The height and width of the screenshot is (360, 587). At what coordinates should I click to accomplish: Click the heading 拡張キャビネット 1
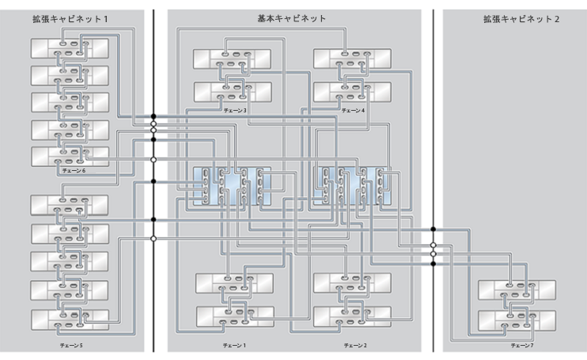point(70,19)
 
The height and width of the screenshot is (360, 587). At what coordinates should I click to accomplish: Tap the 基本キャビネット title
point(292,19)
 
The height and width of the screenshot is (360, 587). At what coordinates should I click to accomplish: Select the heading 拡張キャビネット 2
point(521,19)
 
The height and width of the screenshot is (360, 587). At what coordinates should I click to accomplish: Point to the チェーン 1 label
point(234,346)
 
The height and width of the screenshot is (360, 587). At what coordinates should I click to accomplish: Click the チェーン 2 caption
point(355,346)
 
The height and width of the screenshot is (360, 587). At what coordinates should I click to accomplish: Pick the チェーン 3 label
point(235,111)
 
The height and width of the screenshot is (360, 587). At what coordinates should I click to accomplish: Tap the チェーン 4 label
point(353,111)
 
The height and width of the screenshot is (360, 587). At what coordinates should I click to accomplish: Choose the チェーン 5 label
point(71,346)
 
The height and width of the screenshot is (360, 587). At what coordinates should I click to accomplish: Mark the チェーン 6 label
point(74,171)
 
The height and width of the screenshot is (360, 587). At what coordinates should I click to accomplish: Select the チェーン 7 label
point(522,346)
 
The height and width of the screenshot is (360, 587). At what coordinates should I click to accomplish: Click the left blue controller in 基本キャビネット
point(232,186)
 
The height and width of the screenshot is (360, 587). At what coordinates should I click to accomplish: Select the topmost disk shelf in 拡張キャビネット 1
point(70,48)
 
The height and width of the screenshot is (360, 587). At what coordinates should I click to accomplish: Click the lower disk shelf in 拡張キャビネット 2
point(517,320)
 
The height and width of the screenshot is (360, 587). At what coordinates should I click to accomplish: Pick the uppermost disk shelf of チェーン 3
point(232,59)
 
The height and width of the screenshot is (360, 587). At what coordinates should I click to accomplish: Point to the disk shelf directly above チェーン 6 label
point(70,157)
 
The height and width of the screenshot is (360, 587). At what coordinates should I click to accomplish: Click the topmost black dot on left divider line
point(153,116)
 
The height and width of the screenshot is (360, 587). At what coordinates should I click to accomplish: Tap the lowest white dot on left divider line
point(153,238)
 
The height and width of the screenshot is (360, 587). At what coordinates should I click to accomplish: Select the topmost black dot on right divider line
point(434,229)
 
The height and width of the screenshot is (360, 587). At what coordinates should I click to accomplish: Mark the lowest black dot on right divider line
point(434,263)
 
